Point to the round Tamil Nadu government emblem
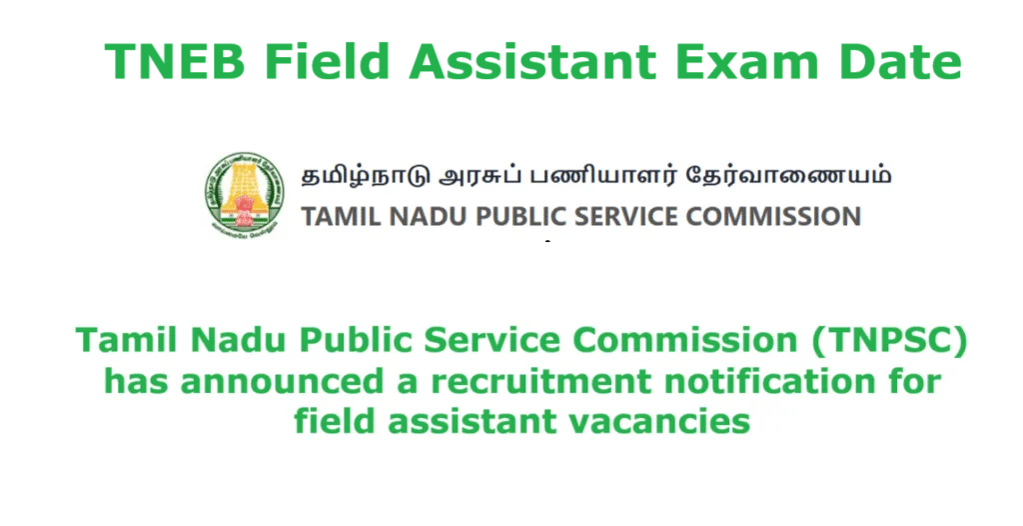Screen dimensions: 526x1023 coord(240,193)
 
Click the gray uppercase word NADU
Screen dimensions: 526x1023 coord(393,216)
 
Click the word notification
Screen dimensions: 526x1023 coord(768,382)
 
